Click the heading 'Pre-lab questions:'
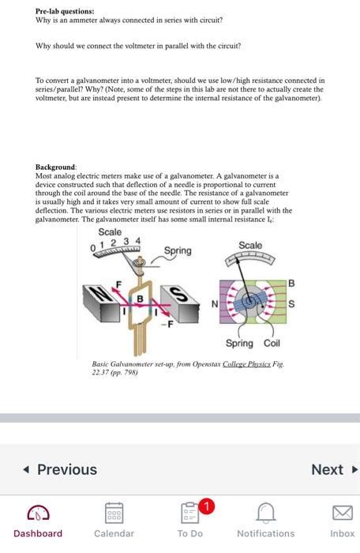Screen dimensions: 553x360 point(65,12)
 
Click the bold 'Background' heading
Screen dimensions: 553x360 point(55,168)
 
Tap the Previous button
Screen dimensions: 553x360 point(59,469)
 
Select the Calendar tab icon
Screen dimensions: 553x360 point(114,513)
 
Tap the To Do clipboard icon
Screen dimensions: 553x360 point(189,513)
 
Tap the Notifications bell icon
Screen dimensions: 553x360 point(265,513)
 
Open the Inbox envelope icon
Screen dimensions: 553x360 point(342,513)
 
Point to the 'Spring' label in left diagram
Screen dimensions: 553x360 point(177,250)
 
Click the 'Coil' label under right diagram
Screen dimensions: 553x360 point(272,343)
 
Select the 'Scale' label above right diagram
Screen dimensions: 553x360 point(250,246)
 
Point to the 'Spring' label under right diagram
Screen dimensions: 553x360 point(239,343)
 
